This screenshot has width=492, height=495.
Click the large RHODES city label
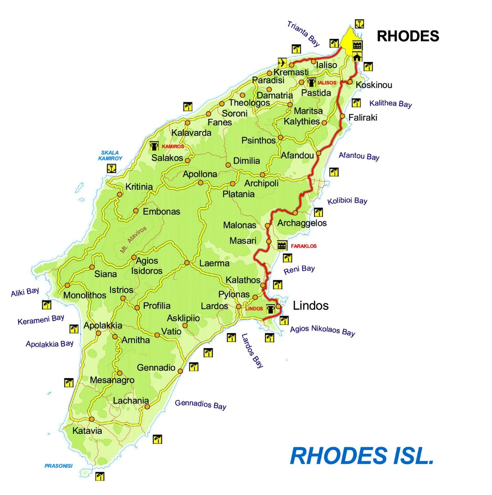[408, 36]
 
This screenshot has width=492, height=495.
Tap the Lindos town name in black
[310, 306]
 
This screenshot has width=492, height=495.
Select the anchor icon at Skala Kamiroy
[111, 168]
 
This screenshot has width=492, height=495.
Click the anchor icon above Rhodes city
[359, 24]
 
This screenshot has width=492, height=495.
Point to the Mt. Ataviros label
[133, 240]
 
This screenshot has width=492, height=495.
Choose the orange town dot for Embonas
[136, 211]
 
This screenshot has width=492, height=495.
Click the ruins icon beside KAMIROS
[154, 146]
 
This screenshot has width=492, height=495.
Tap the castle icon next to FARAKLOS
[282, 246]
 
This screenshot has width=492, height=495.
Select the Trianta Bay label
[303, 34]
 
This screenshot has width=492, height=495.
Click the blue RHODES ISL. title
[362, 456]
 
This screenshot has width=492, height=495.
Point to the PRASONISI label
[59, 466]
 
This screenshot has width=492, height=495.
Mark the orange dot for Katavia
[92, 419]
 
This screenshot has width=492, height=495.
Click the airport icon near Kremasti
[282, 62]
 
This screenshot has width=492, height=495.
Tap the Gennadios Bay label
[200, 404]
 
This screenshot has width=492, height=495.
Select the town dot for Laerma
[187, 262]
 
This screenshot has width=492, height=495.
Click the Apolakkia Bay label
[50, 344]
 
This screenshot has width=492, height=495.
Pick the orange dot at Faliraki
[342, 116]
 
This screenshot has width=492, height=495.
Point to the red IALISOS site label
[327, 83]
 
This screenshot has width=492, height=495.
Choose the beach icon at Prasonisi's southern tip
[100, 476]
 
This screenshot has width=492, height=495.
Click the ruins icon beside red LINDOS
[271, 308]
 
